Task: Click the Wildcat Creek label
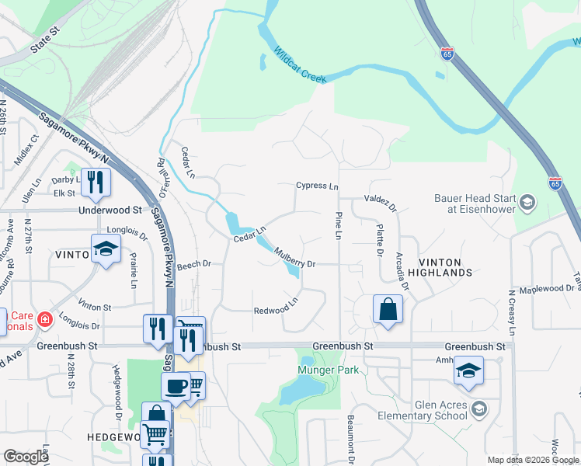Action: (300, 65)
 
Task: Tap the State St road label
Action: (45, 42)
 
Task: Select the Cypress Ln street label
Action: (317, 186)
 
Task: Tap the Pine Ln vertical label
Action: (339, 225)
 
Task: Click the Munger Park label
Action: (328, 370)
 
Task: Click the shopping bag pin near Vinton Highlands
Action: (388, 308)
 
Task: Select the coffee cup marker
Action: (176, 386)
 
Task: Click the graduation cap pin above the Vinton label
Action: (106, 249)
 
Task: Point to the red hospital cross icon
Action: (45, 319)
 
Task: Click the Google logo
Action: (26, 457)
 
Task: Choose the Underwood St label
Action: (110, 210)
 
